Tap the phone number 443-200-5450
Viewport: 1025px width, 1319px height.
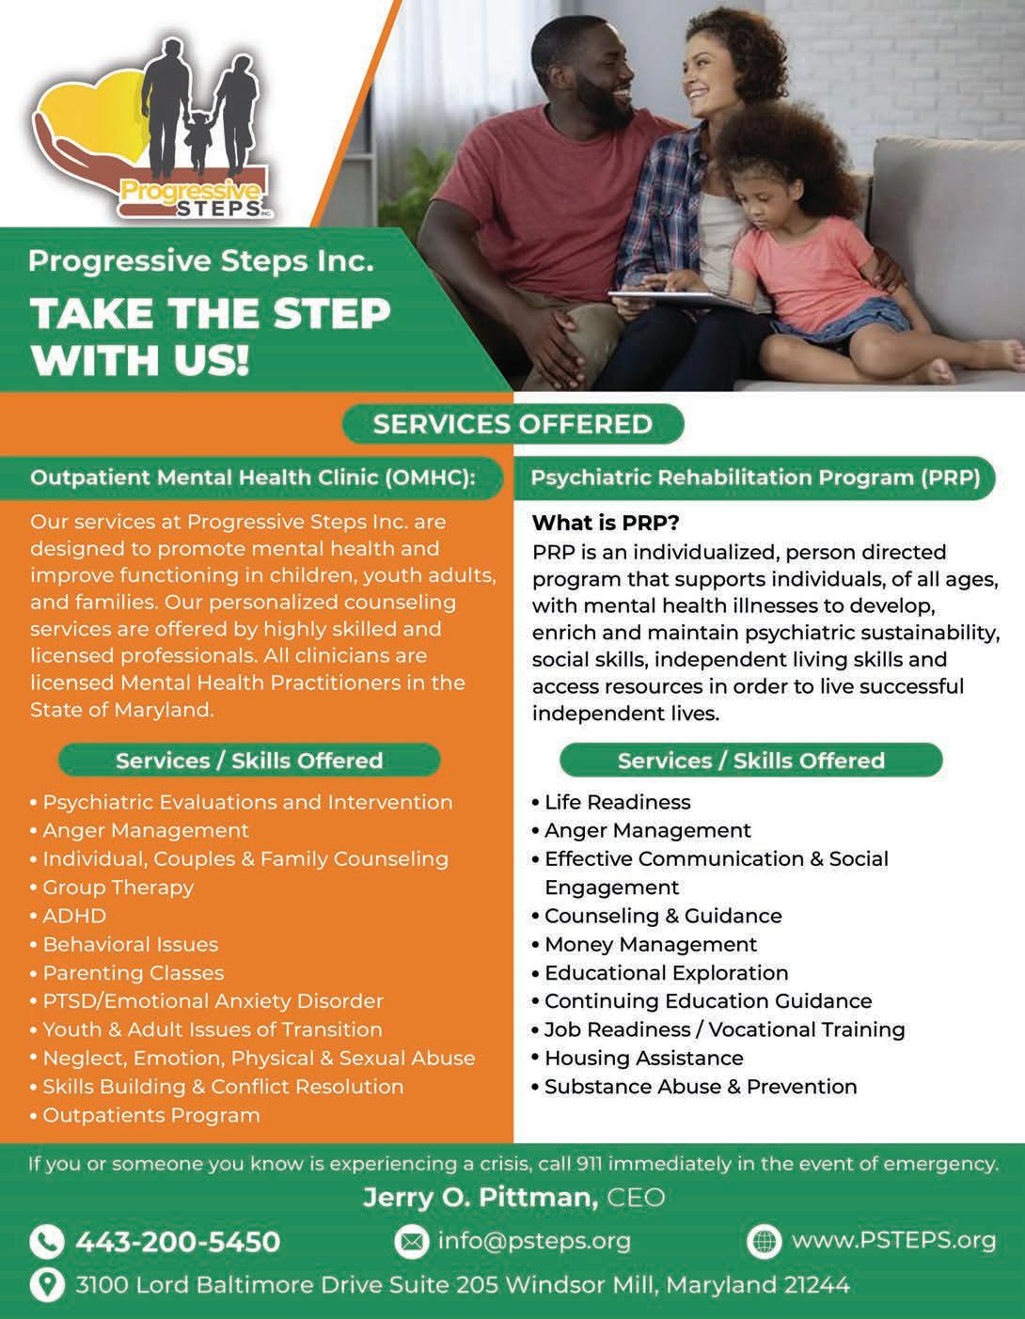click(178, 1242)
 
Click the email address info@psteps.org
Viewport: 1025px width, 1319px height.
click(534, 1241)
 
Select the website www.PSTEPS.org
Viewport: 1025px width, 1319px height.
click(893, 1240)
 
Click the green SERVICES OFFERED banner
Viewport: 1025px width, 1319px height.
click(512, 424)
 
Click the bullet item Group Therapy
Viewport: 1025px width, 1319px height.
click(118, 887)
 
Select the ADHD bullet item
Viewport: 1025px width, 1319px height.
click(74, 916)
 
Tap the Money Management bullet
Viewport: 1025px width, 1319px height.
click(650, 944)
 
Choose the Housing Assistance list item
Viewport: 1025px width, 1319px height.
click(643, 1058)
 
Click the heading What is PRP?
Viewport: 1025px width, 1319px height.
click(606, 523)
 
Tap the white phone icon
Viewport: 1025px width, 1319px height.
click(46, 1242)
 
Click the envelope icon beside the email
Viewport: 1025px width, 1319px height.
click(411, 1242)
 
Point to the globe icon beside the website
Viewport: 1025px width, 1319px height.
click(764, 1241)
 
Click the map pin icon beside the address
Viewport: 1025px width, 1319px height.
click(46, 1284)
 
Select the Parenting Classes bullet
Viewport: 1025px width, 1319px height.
click(133, 973)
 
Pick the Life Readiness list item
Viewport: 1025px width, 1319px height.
click(617, 802)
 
